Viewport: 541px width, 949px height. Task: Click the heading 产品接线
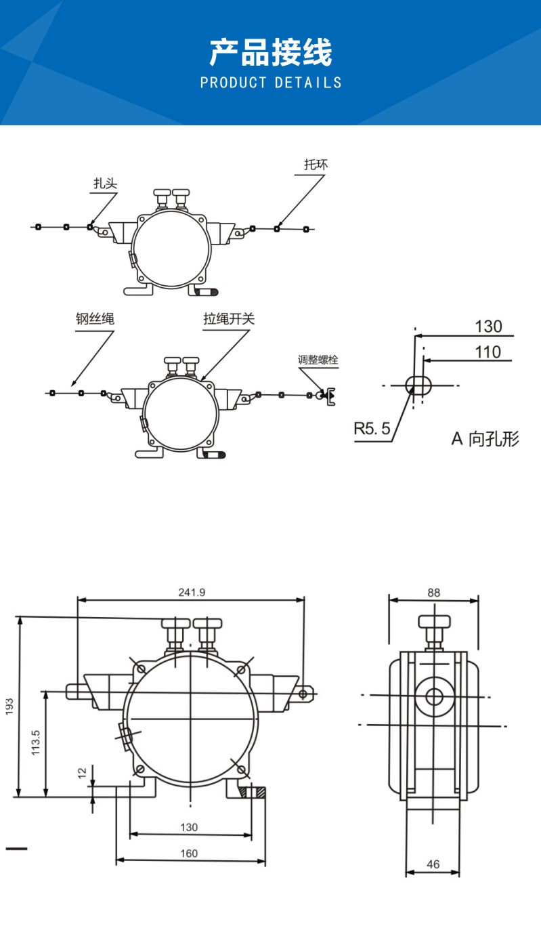coord(270,53)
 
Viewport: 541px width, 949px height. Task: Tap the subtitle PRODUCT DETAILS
coord(271,83)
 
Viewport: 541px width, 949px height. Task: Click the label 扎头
coord(105,183)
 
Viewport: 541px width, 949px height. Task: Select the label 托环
coord(316,165)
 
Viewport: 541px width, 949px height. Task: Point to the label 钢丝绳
coord(95,319)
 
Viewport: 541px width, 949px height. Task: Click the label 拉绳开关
coord(229,319)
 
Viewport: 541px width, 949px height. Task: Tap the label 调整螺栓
coord(318,360)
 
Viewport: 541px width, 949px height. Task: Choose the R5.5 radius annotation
coord(372,428)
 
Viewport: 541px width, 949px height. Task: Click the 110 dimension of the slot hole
coord(488,352)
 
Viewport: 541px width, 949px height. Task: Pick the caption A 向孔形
coord(485,438)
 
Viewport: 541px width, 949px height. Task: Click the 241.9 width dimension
coord(192,592)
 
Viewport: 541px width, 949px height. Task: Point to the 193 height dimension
coord(9,707)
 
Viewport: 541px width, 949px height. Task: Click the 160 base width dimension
coord(190,853)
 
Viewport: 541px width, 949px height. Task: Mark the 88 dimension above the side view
coord(433,592)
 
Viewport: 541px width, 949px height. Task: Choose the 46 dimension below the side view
coord(433,864)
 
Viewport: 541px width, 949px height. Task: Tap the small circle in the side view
coord(434,696)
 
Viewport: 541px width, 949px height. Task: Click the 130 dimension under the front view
coord(190,827)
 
